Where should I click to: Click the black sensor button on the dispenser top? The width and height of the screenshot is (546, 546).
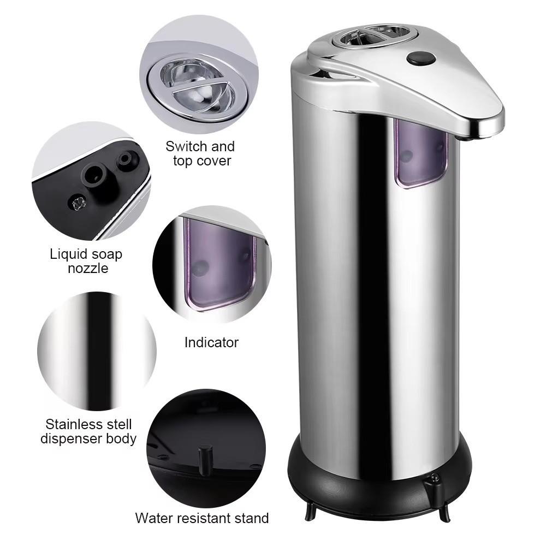(x=419, y=58)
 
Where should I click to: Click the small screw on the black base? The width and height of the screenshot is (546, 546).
(x=435, y=478)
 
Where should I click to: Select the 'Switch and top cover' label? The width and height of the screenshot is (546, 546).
(x=200, y=153)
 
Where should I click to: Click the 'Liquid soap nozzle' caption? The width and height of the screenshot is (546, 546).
(x=86, y=261)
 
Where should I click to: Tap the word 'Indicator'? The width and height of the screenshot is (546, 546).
(x=211, y=343)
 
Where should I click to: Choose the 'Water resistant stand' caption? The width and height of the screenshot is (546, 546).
(x=202, y=518)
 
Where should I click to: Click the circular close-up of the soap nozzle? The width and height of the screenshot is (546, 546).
(x=90, y=180)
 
